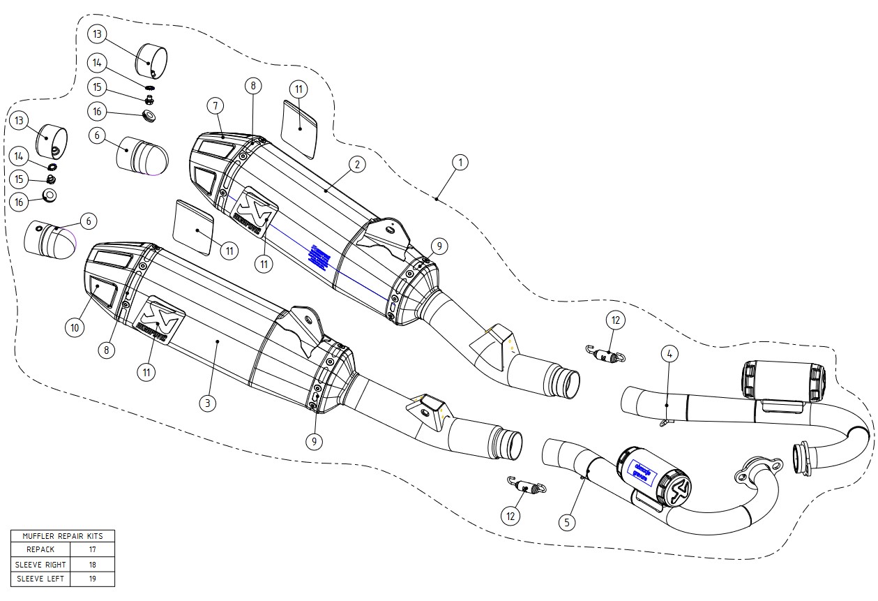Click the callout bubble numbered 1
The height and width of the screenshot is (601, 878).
459,163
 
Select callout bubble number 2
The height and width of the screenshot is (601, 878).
356,165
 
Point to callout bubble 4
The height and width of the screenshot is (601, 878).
668,354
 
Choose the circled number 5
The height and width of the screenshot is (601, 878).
568,521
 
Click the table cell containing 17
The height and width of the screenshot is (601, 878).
92,549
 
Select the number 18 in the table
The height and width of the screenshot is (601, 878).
92,564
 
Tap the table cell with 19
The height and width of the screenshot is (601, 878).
92,579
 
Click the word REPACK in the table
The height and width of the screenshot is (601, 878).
40,549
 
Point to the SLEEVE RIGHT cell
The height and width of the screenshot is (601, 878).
40,564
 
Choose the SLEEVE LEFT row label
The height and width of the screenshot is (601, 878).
40,579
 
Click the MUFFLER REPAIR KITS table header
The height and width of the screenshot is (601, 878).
62,535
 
